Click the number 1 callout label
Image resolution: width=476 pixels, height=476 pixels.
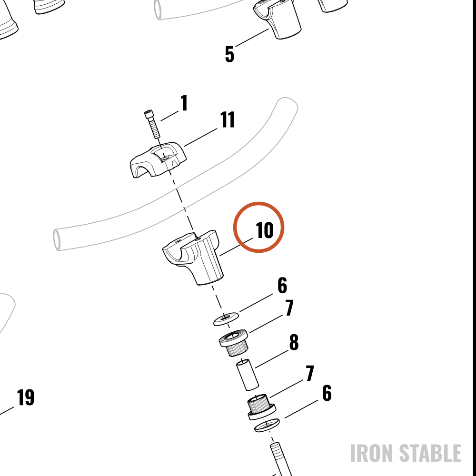(x=184, y=103)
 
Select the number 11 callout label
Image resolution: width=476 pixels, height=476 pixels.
(x=228, y=119)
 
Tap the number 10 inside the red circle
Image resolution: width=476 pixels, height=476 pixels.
(x=265, y=230)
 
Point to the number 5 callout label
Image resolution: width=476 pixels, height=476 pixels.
(x=230, y=54)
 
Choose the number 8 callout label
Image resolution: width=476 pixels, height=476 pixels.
(x=294, y=342)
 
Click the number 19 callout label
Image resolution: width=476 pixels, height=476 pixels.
(x=26, y=397)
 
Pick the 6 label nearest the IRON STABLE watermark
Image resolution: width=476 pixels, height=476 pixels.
(x=327, y=393)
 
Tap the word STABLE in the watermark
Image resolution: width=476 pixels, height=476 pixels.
(x=430, y=453)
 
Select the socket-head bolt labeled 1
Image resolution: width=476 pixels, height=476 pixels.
(x=152, y=124)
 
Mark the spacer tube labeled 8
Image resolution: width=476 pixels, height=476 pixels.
(x=248, y=375)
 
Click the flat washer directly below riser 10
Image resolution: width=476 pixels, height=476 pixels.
(x=226, y=318)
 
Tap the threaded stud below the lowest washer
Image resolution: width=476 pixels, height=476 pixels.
(x=281, y=459)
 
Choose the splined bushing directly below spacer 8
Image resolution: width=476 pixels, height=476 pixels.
(x=261, y=407)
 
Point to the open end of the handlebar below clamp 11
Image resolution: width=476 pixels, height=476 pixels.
(x=57, y=240)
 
